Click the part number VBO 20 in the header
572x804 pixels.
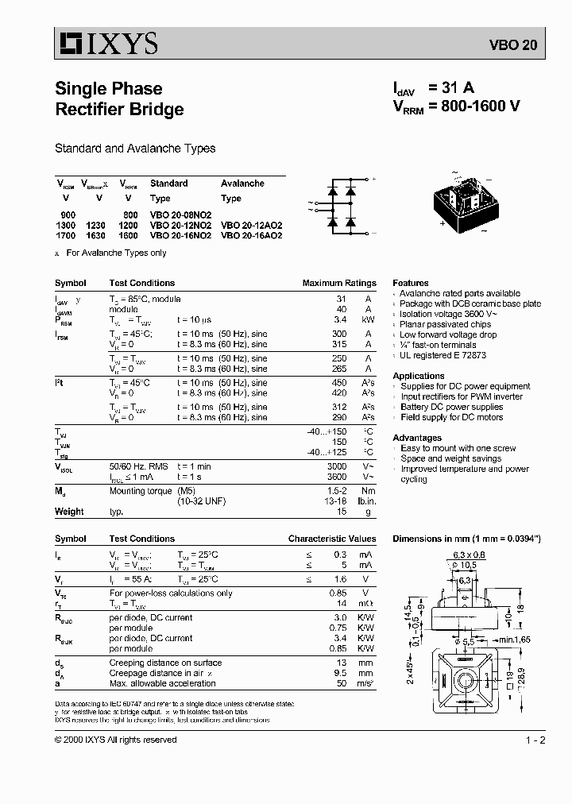point(517,45)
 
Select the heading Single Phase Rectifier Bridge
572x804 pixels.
point(119,99)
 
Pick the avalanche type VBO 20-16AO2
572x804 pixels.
point(251,235)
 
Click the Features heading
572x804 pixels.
point(411,283)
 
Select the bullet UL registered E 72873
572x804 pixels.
point(443,355)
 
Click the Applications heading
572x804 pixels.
point(419,376)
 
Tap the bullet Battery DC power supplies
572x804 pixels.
point(451,407)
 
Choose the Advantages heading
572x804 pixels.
point(417,438)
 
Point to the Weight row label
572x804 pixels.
point(69,512)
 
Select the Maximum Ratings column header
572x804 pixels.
point(339,283)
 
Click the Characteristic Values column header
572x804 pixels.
point(332,539)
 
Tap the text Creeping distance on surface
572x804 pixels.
point(165,663)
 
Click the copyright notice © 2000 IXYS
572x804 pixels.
point(116,740)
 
